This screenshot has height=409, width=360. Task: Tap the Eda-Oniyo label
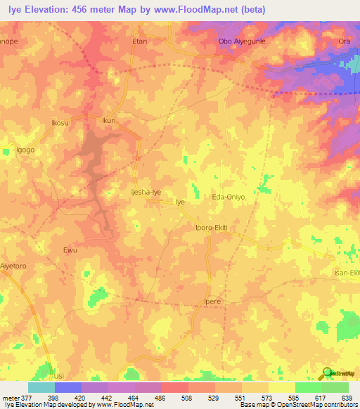click(229, 197)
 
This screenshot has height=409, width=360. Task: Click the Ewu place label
click(70, 250)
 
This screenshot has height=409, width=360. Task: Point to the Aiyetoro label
click(13, 267)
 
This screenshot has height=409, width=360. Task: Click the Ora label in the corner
click(345, 41)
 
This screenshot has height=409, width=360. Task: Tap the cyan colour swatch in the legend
click(41, 387)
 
